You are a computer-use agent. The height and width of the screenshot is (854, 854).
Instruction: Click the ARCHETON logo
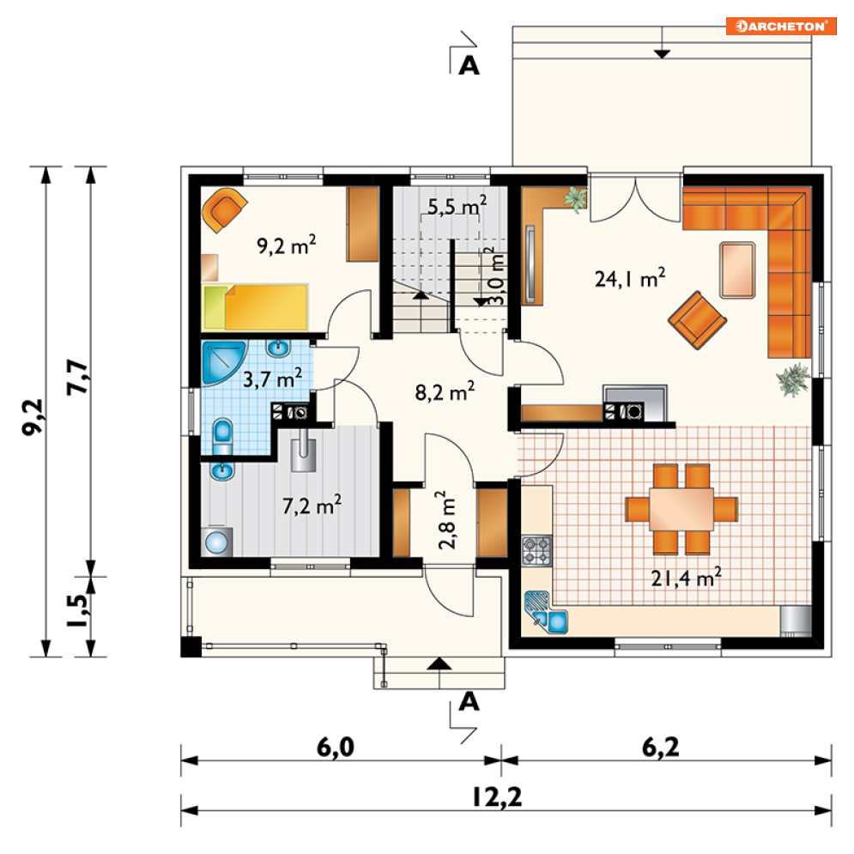[781, 26]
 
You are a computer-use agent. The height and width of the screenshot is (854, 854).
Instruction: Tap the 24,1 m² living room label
[630, 278]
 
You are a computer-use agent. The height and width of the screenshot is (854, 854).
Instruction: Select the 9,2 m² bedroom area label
[287, 245]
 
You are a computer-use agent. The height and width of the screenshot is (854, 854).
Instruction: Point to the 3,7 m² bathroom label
[272, 378]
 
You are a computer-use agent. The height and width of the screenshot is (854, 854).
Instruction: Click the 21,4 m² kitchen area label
[687, 577]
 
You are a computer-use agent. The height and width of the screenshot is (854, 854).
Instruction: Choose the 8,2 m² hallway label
[445, 391]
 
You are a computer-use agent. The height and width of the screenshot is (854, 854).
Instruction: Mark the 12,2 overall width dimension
[497, 797]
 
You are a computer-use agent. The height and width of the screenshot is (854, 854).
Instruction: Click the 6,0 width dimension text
[336, 747]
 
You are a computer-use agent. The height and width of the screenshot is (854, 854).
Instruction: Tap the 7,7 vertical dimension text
[76, 377]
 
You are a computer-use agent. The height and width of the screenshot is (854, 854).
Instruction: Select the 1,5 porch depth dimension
[76, 610]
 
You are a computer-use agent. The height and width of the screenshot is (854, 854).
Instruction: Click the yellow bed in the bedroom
[255, 307]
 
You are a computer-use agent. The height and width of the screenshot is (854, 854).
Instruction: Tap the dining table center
[681, 509]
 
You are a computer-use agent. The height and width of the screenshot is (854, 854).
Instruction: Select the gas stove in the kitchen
[536, 551]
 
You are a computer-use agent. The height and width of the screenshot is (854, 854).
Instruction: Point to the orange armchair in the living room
[697, 319]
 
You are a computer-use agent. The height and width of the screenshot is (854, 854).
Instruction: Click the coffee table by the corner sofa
[737, 270]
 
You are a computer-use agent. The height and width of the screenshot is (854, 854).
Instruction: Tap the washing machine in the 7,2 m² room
[217, 542]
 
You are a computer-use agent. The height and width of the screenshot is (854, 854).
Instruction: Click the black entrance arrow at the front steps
[439, 663]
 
